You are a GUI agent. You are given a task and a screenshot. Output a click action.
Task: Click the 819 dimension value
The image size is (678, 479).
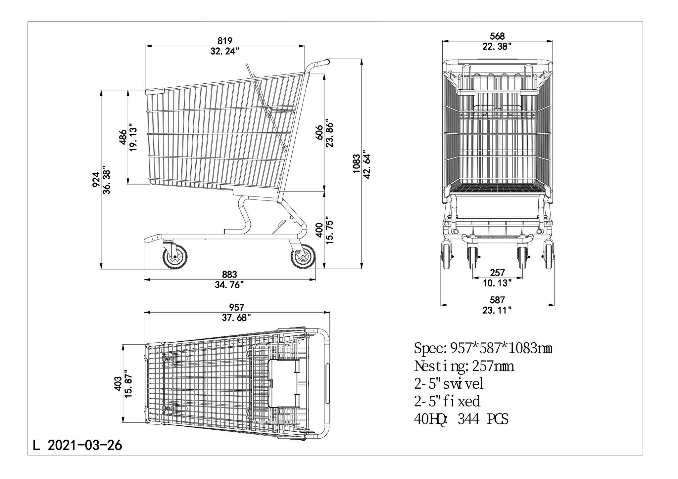[x=225, y=41]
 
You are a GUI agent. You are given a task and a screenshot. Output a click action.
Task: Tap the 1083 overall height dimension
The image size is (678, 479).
[x=356, y=164]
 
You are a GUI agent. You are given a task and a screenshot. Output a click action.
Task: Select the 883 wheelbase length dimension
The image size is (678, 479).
[x=229, y=275]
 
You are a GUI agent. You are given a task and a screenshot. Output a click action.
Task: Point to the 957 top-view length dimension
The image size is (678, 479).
[x=236, y=308]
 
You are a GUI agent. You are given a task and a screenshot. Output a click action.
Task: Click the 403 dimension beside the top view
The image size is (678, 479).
[x=118, y=384]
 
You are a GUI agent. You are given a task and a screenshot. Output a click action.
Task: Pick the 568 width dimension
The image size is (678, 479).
[x=497, y=36]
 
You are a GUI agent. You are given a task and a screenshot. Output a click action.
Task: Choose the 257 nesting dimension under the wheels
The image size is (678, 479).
[x=497, y=273]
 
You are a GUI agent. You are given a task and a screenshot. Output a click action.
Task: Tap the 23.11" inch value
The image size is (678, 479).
[x=497, y=310]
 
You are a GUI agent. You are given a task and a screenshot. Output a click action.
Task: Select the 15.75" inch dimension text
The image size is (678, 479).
[x=329, y=230]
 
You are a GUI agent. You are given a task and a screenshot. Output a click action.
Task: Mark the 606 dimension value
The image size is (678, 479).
[x=319, y=133]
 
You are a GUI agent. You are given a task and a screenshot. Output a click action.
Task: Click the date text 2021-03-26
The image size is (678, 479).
[x=85, y=445]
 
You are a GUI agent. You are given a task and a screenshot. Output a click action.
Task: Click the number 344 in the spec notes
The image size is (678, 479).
[x=468, y=419]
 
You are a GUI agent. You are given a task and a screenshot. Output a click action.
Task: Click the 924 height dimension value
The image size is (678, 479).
[x=96, y=180]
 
